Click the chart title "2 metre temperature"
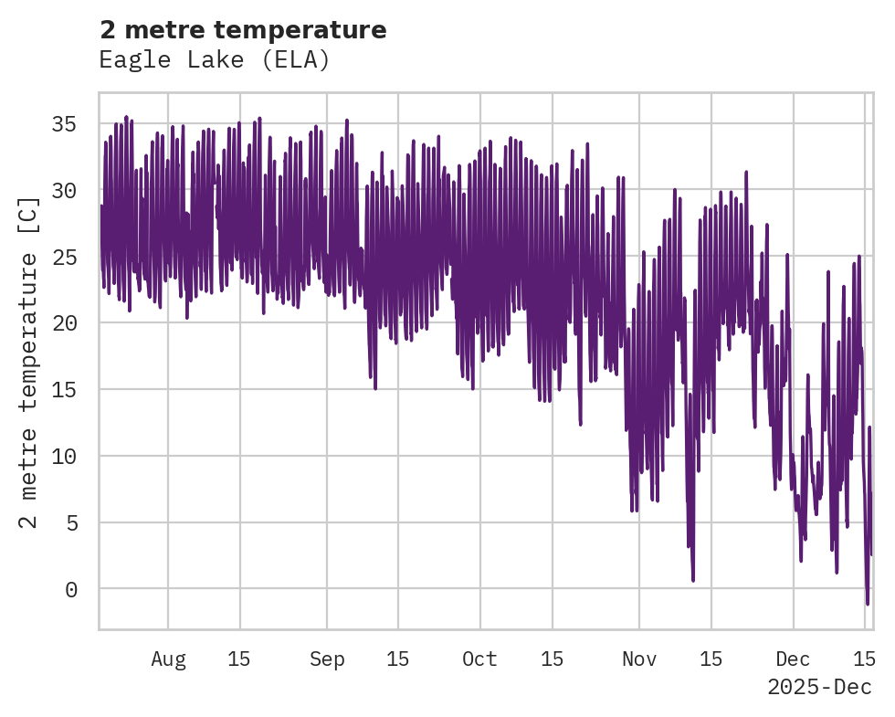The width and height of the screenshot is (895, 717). tap(243, 30)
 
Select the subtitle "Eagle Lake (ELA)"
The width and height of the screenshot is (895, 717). tap(214, 60)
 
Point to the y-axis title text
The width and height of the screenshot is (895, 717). tap(29, 362)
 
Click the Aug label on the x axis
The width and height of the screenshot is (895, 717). tap(168, 659)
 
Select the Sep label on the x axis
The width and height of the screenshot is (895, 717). tap(327, 659)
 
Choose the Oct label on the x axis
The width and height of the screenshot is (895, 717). tap(480, 659)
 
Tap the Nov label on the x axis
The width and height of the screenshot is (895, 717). tap(639, 659)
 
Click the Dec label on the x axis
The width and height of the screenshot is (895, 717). tap(794, 659)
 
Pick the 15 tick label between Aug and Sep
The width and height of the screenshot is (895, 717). tap(239, 659)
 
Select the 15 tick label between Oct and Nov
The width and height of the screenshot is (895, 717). tap(552, 659)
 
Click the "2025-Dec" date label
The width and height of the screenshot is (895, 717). tap(819, 687)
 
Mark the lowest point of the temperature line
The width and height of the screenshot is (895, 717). tap(868, 604)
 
